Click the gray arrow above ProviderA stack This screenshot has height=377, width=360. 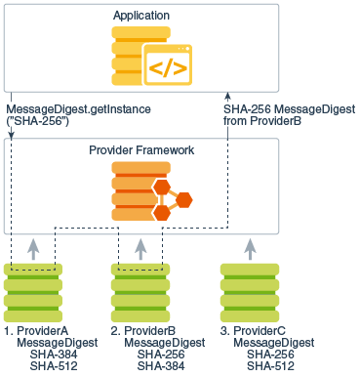click(33, 248)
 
